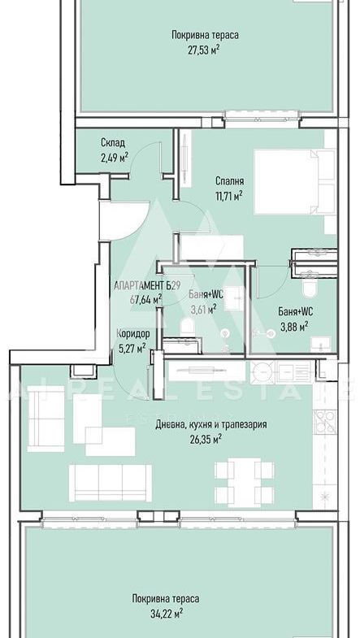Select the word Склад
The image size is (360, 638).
[x=113, y=143]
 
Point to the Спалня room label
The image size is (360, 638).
[x=230, y=181]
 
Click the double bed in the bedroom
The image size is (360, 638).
[x=294, y=182]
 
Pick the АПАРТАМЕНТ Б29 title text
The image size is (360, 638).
[x=147, y=285]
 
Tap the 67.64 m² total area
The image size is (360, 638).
[x=146, y=300]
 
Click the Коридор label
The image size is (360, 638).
[x=133, y=334]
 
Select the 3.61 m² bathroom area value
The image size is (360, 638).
[x=203, y=310]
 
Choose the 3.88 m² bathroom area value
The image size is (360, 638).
[x=293, y=327]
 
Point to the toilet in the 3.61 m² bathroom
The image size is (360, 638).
[x=187, y=327]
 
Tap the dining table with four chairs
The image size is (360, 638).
[x=244, y=483]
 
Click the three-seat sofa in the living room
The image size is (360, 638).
[x=111, y=484]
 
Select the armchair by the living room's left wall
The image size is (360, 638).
[x=46, y=419]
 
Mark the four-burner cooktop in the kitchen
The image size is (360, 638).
[x=324, y=422]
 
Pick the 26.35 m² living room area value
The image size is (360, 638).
[x=206, y=439]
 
